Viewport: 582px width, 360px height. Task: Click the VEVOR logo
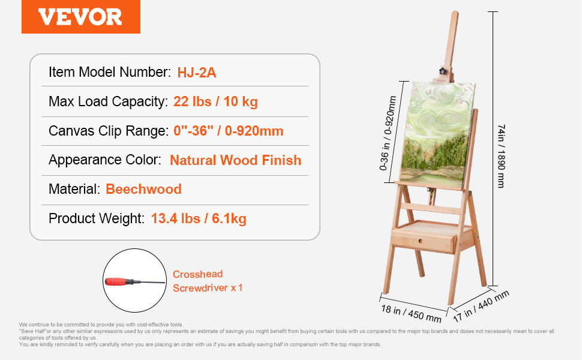point(80,17)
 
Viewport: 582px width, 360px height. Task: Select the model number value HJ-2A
point(197,73)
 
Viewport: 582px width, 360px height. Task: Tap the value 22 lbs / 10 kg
point(215,101)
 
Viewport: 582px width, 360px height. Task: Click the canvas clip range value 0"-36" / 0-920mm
point(228,131)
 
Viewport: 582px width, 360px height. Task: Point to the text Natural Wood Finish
point(235,160)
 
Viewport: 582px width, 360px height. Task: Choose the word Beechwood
point(143,189)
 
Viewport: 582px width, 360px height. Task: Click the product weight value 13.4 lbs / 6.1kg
point(199,218)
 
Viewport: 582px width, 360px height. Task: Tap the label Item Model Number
point(109,72)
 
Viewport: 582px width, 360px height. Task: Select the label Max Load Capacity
point(109,101)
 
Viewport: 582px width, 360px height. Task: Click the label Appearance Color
point(105,160)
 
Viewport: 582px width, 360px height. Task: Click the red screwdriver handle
point(117,281)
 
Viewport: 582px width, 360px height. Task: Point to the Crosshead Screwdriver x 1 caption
point(208,281)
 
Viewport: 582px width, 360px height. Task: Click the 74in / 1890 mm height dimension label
point(502,156)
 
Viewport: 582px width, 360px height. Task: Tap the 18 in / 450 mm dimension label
point(411,314)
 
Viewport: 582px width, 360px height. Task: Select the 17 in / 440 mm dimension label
point(481,306)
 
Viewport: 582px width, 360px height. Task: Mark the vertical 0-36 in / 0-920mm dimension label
point(388,133)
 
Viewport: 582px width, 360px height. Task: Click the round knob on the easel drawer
point(420,241)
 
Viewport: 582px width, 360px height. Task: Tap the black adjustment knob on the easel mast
point(442,71)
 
